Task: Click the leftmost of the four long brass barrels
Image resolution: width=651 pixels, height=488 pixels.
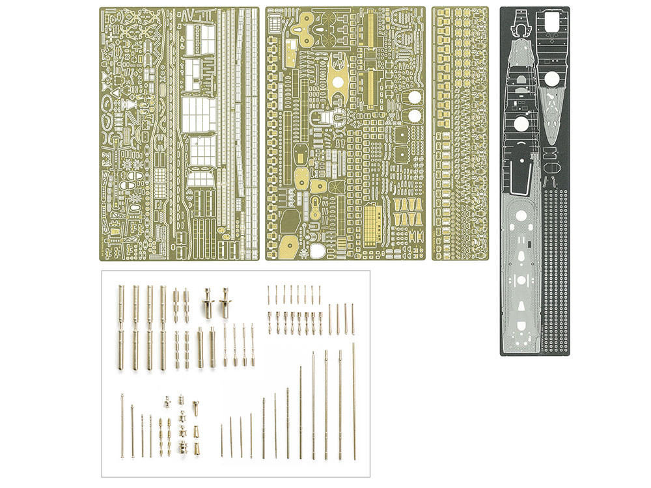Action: pyautogui.click(x=121, y=329)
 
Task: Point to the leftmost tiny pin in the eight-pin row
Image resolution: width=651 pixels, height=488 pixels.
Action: pyautogui.click(x=268, y=294)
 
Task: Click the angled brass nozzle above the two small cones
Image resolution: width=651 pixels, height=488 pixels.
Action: pyautogui.click(x=193, y=409)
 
